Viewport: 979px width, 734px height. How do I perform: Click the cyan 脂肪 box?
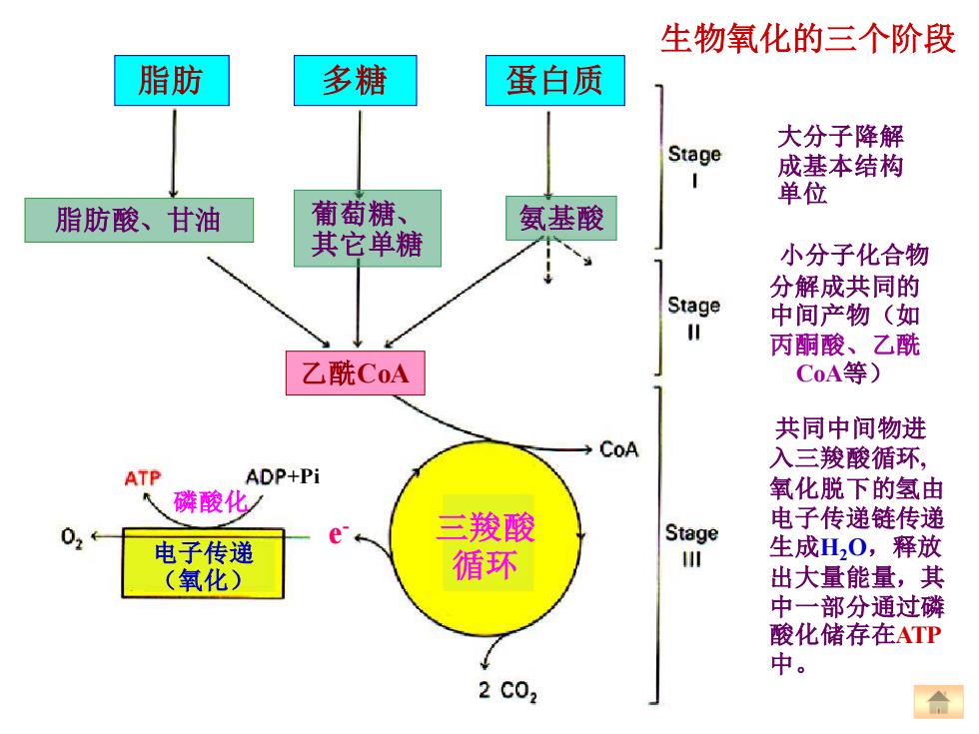click(x=172, y=81)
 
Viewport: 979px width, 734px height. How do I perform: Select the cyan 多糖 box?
click(x=356, y=81)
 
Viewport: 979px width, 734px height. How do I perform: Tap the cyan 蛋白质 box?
click(x=555, y=81)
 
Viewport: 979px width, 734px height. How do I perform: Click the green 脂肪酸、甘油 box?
click(x=139, y=221)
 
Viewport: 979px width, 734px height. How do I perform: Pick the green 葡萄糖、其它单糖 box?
click(x=368, y=229)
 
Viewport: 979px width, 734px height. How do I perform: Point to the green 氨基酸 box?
click(x=561, y=219)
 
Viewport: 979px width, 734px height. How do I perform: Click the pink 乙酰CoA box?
click(x=356, y=373)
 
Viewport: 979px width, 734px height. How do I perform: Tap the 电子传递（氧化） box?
click(x=203, y=563)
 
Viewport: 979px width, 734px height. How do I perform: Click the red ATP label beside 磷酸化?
click(x=143, y=478)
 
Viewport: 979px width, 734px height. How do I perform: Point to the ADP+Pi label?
click(x=283, y=477)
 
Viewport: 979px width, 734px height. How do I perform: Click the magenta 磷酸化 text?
click(x=211, y=501)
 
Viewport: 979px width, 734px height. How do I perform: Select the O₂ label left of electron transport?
click(x=72, y=538)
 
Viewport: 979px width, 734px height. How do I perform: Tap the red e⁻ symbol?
click(x=339, y=534)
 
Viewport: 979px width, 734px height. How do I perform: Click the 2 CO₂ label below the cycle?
click(x=507, y=691)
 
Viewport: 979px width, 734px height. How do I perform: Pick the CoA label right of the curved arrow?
click(x=618, y=449)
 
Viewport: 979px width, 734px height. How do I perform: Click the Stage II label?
click(x=693, y=318)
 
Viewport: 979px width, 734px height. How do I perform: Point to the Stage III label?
click(x=691, y=545)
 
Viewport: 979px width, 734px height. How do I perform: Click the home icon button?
click(x=938, y=702)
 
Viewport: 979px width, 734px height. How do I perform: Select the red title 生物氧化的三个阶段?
click(x=808, y=39)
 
